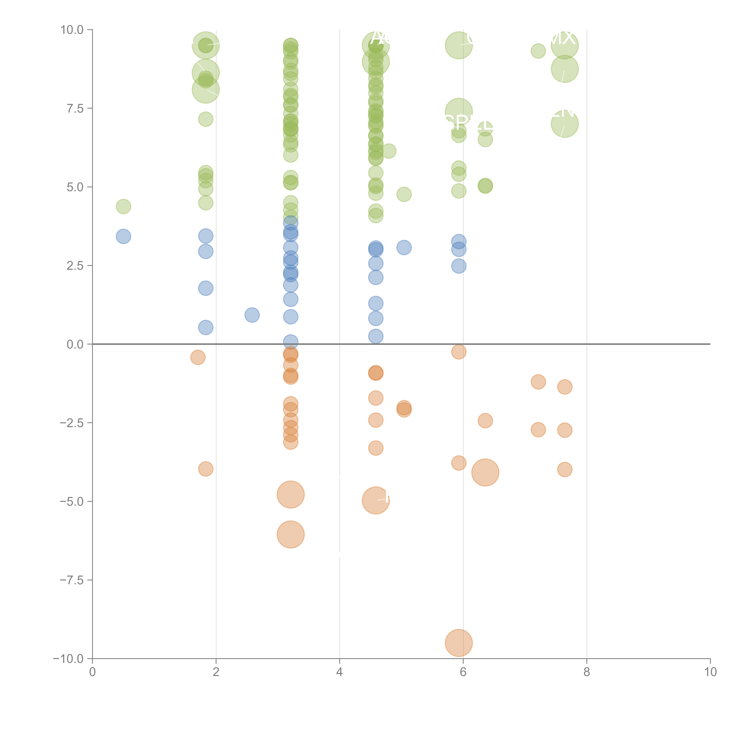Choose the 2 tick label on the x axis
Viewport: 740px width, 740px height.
pos(216,672)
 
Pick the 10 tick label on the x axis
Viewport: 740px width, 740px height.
pos(710,672)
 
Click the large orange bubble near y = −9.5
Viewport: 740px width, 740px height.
pos(459,643)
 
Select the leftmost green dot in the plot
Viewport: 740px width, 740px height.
pos(123,206)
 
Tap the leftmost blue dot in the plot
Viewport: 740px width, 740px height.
pos(123,236)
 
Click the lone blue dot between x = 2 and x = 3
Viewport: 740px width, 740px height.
pos(252,315)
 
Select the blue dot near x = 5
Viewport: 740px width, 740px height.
pos(404,247)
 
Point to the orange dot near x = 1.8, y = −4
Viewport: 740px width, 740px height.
pos(206,469)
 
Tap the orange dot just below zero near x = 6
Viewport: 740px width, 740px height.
pos(459,352)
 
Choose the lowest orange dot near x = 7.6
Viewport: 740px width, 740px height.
pos(565,469)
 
